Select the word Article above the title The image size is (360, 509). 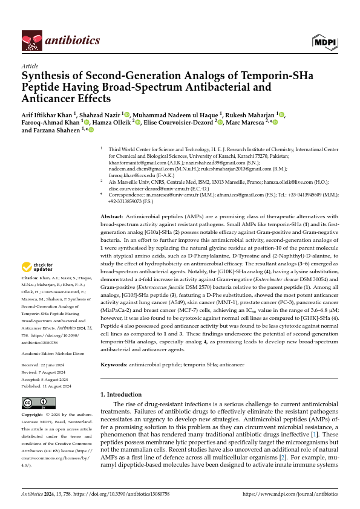[x=30, y=66]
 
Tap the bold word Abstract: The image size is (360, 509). [x=112, y=216]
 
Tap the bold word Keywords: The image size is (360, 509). [x=113, y=365]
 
